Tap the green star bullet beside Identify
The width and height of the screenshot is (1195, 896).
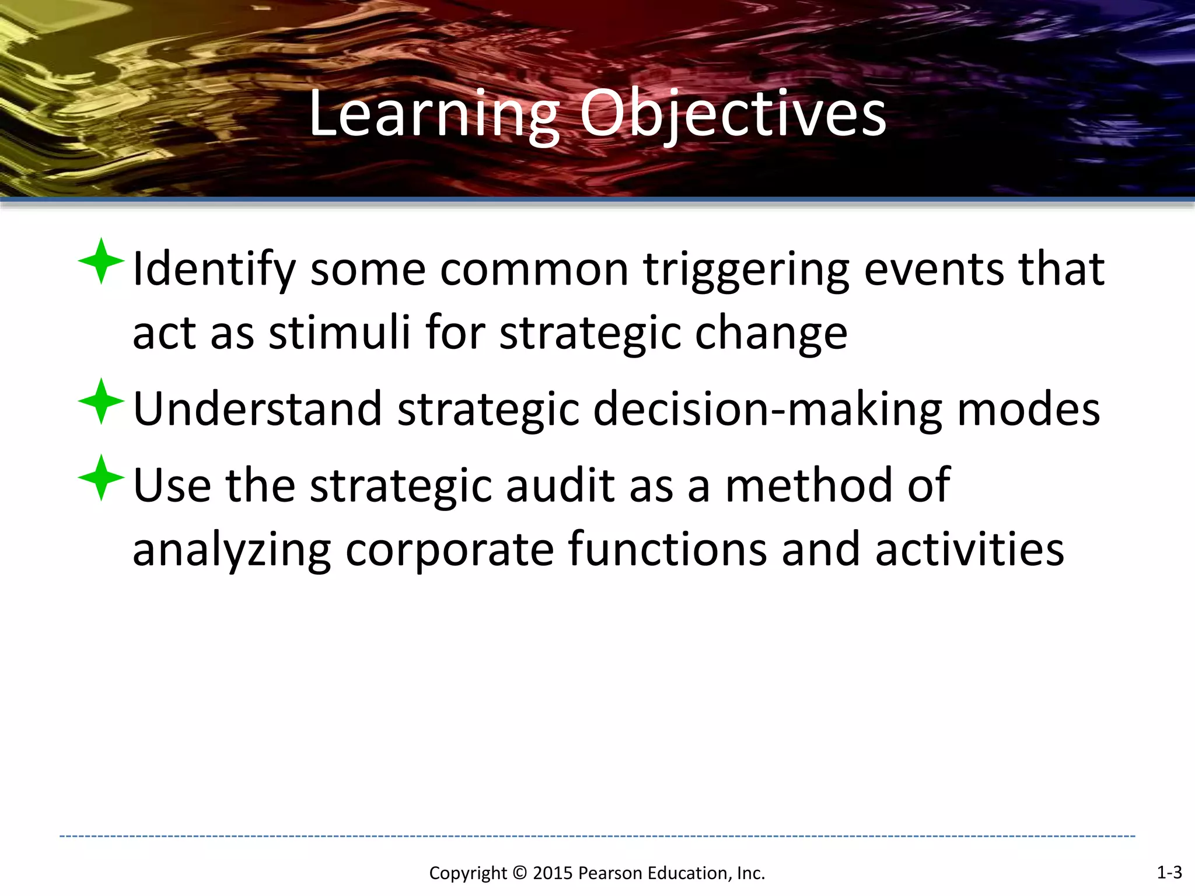point(101,261)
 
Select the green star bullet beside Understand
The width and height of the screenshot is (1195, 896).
point(101,401)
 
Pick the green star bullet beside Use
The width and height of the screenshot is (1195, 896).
point(101,478)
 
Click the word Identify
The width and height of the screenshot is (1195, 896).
point(214,269)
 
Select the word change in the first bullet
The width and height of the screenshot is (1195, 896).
point(771,333)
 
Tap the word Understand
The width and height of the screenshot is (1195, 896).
point(257,409)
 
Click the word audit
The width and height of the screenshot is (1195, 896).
point(560,485)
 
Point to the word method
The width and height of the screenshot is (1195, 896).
point(809,485)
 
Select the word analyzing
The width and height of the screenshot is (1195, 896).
point(232,550)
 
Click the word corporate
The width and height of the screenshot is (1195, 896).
point(449,550)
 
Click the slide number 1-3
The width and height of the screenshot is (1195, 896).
point(1169,873)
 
